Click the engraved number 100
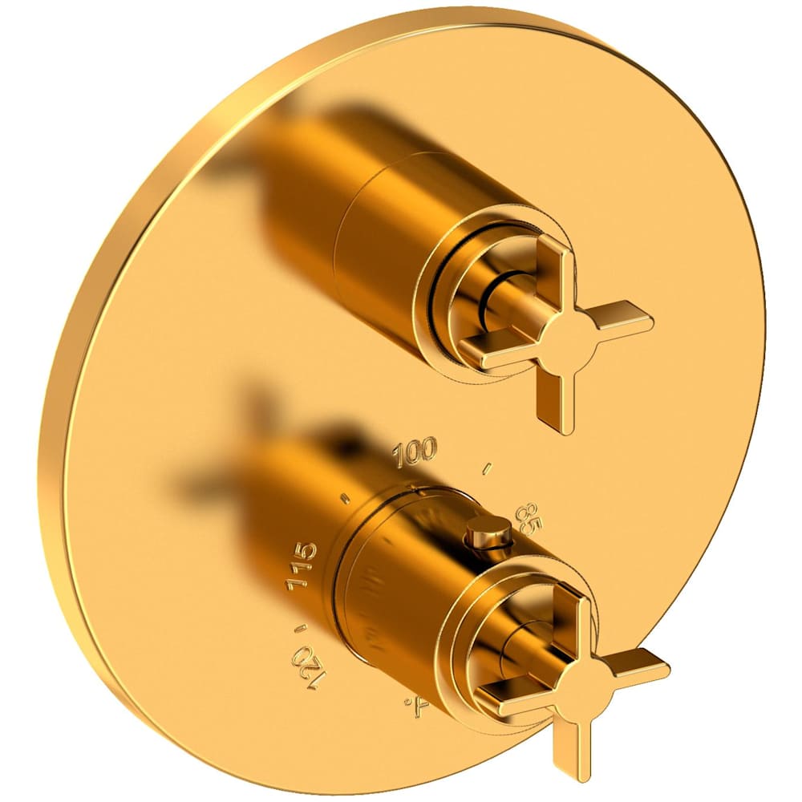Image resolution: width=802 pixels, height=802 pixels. point(415,451)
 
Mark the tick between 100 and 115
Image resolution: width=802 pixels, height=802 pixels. point(346,497)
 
